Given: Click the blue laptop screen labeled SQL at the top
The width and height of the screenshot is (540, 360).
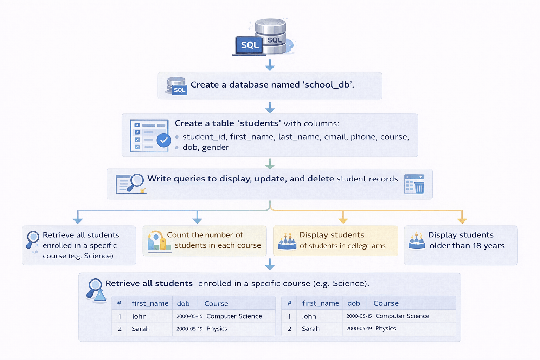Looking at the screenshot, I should pyautogui.click(x=249, y=45).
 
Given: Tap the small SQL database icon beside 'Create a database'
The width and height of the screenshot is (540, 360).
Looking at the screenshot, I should pyautogui.click(x=177, y=86).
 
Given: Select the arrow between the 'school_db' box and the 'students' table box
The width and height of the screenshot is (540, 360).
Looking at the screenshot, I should pyautogui.click(x=270, y=108).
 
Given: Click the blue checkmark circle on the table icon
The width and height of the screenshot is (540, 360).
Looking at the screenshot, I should pyautogui.click(x=163, y=140).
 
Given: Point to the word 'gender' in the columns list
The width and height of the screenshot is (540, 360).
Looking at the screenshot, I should pyautogui.click(x=215, y=147).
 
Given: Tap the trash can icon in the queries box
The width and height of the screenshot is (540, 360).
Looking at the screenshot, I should pyautogui.click(x=419, y=187).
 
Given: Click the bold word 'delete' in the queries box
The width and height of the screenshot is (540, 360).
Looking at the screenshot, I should pyautogui.click(x=321, y=179).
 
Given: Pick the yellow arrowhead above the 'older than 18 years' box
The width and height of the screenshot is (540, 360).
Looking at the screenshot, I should pyautogui.click(x=462, y=220).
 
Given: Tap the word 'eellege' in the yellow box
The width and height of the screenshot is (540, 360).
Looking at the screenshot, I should pyautogui.click(x=359, y=246).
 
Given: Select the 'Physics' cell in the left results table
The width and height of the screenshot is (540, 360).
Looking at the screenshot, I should pyautogui.click(x=217, y=329).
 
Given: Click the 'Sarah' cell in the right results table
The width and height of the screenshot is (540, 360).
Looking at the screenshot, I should pyautogui.click(x=310, y=329).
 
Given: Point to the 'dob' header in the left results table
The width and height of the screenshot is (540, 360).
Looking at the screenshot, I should pyautogui.click(x=183, y=303).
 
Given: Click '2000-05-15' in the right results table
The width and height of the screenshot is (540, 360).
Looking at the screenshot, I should pyautogui.click(x=359, y=316).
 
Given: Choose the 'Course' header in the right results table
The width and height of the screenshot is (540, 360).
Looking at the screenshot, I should pyautogui.click(x=386, y=303).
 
